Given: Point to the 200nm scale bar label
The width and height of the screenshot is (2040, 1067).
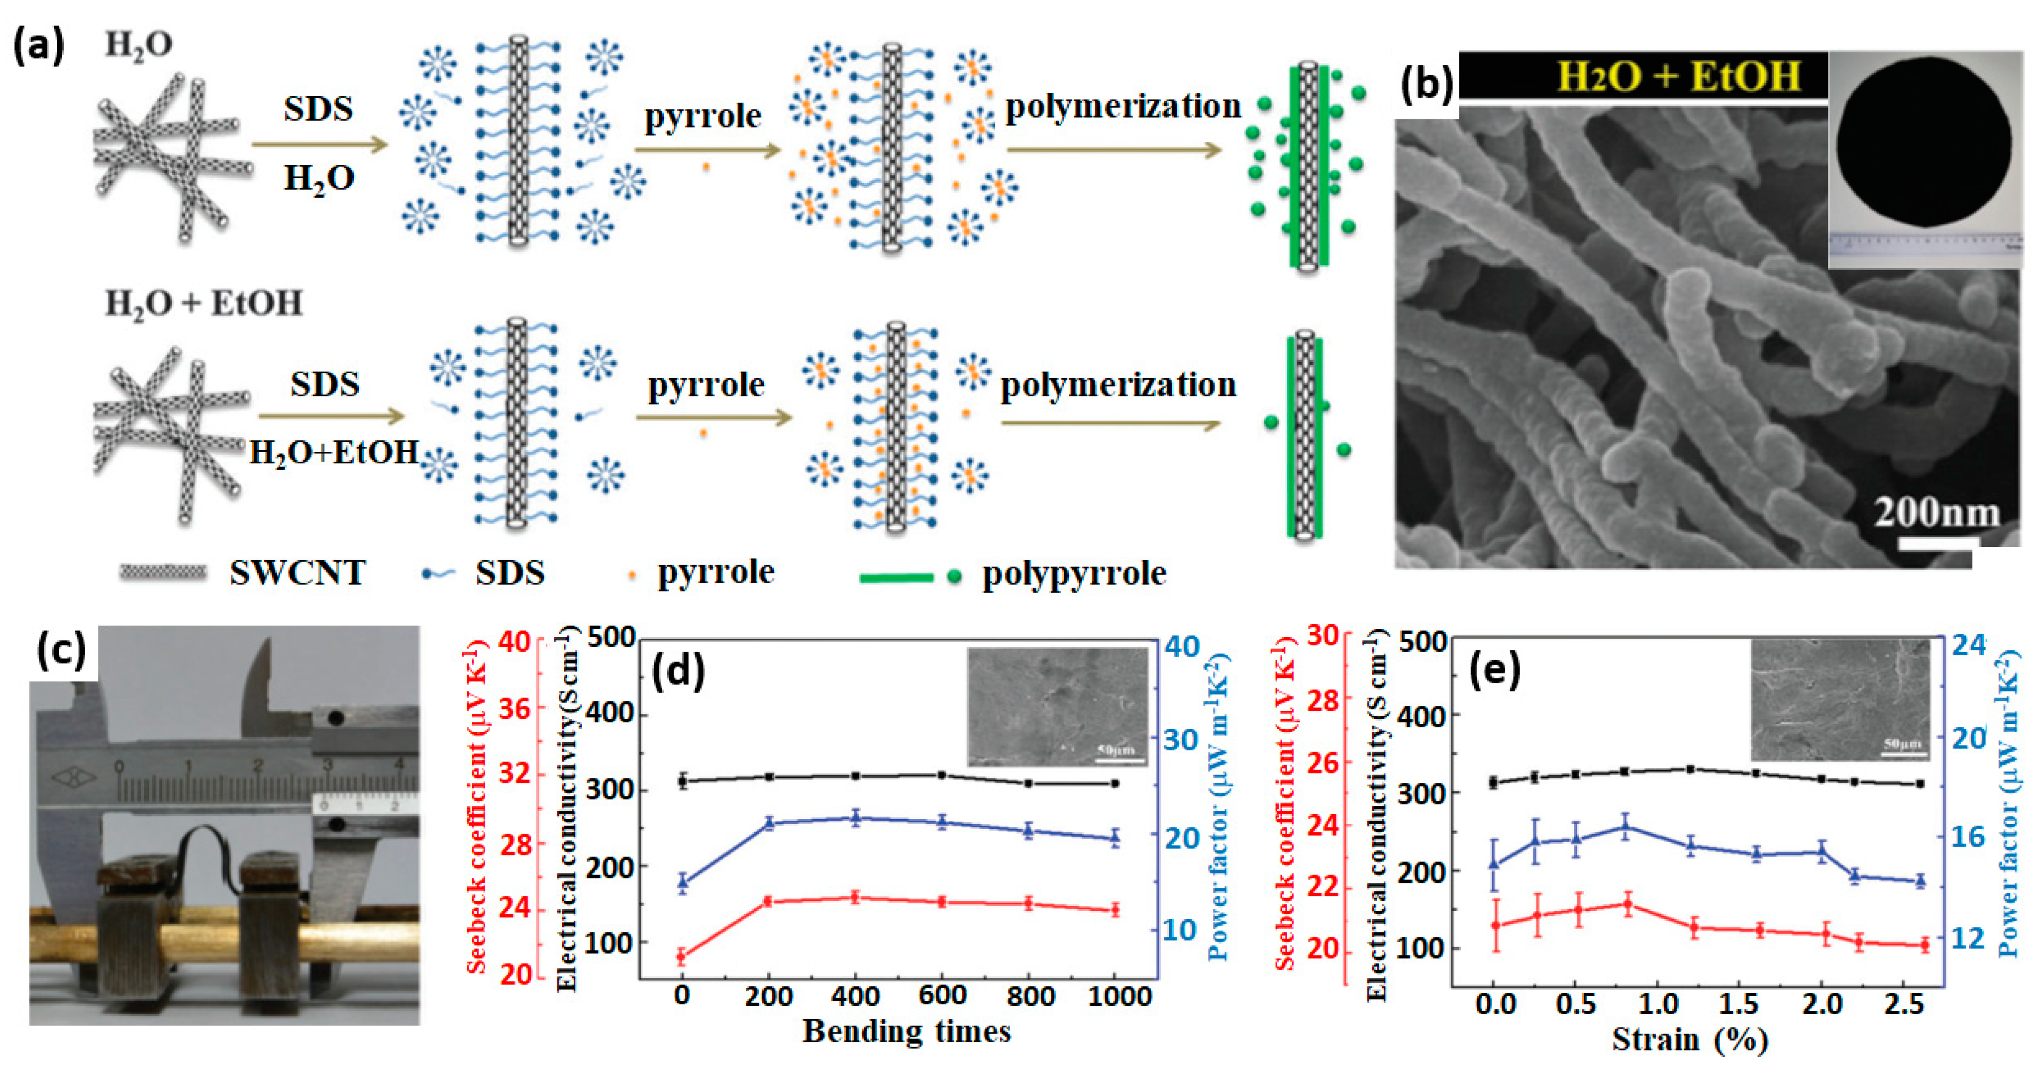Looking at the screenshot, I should point(1936,513).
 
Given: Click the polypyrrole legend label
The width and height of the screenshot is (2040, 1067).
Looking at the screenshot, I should point(1074,573).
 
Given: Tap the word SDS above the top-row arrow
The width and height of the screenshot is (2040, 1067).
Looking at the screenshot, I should point(318,108).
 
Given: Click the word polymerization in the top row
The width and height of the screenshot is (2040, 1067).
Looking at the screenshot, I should point(1122,106).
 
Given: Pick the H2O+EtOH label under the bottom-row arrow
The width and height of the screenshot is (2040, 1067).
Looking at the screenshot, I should point(334,452).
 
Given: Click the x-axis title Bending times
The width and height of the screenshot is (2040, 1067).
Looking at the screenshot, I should point(907,1031).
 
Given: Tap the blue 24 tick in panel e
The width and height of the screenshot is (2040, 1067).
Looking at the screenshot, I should point(1967,645).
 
